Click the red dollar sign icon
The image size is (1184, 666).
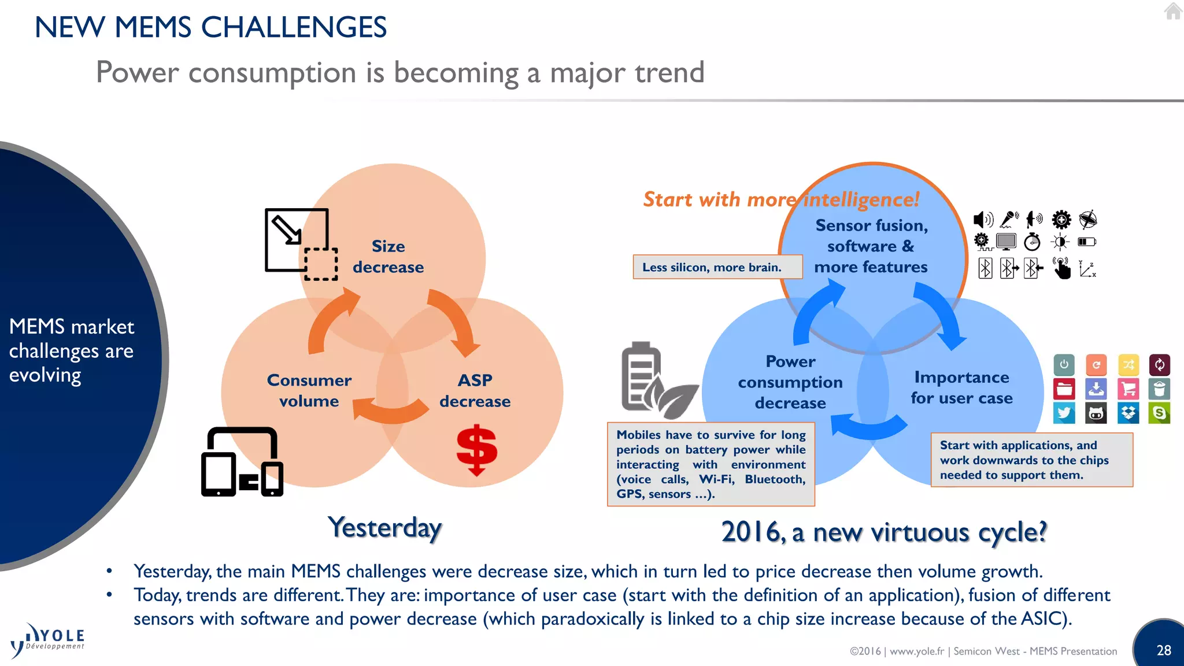pos(476,450)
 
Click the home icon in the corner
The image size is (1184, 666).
pos(1172,11)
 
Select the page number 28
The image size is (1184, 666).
pos(1163,650)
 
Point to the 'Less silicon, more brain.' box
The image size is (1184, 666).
pos(717,267)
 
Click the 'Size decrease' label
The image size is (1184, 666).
pos(388,257)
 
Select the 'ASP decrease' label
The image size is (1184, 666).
pos(475,391)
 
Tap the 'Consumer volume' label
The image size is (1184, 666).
pos(309,391)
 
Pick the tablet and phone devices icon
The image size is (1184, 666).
pos(242,462)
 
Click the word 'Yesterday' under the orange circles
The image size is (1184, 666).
pos(384,527)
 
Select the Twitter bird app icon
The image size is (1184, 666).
pos(1064,413)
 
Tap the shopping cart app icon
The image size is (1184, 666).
pos(1128,389)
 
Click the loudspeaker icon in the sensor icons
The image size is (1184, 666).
pos(982,220)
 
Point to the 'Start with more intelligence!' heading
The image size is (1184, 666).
pos(780,199)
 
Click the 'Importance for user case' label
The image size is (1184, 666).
pos(961,388)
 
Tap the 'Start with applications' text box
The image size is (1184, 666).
pos(1031,460)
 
